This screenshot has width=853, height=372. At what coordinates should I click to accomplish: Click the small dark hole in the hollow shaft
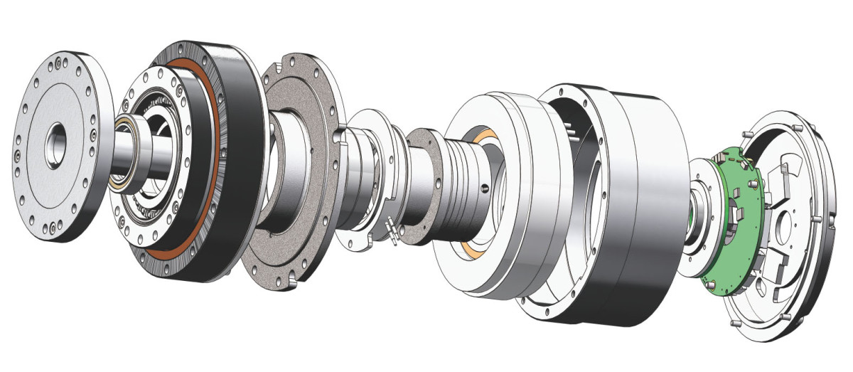click(485, 188)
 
